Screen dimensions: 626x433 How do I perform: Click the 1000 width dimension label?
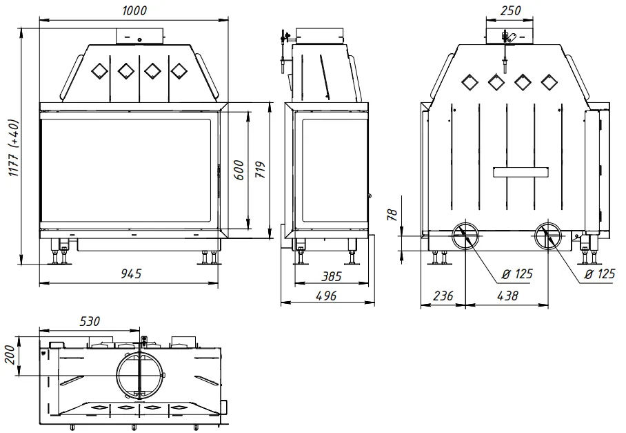134,10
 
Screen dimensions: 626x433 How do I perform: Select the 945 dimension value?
131,273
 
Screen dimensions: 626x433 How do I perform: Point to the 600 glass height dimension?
239,170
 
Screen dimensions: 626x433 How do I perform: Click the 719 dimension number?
260,170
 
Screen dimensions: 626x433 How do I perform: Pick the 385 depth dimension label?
332,276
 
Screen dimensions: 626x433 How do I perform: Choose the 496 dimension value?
326,296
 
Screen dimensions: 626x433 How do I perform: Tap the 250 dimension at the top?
510,10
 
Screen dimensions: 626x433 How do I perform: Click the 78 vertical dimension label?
392,215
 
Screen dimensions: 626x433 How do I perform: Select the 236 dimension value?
443,296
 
